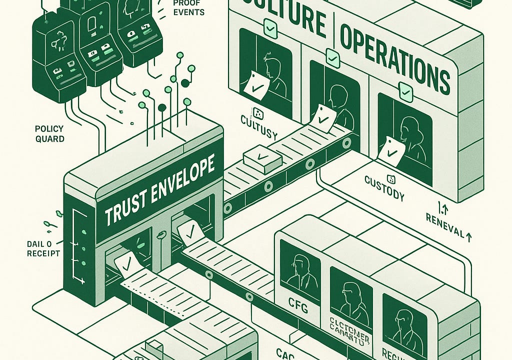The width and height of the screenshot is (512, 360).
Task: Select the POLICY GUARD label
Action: (49, 133)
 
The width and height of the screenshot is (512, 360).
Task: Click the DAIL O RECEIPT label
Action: (43, 248)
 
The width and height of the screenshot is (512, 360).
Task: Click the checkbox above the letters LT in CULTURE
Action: (270, 28)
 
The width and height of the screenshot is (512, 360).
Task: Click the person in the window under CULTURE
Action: (273, 75)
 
